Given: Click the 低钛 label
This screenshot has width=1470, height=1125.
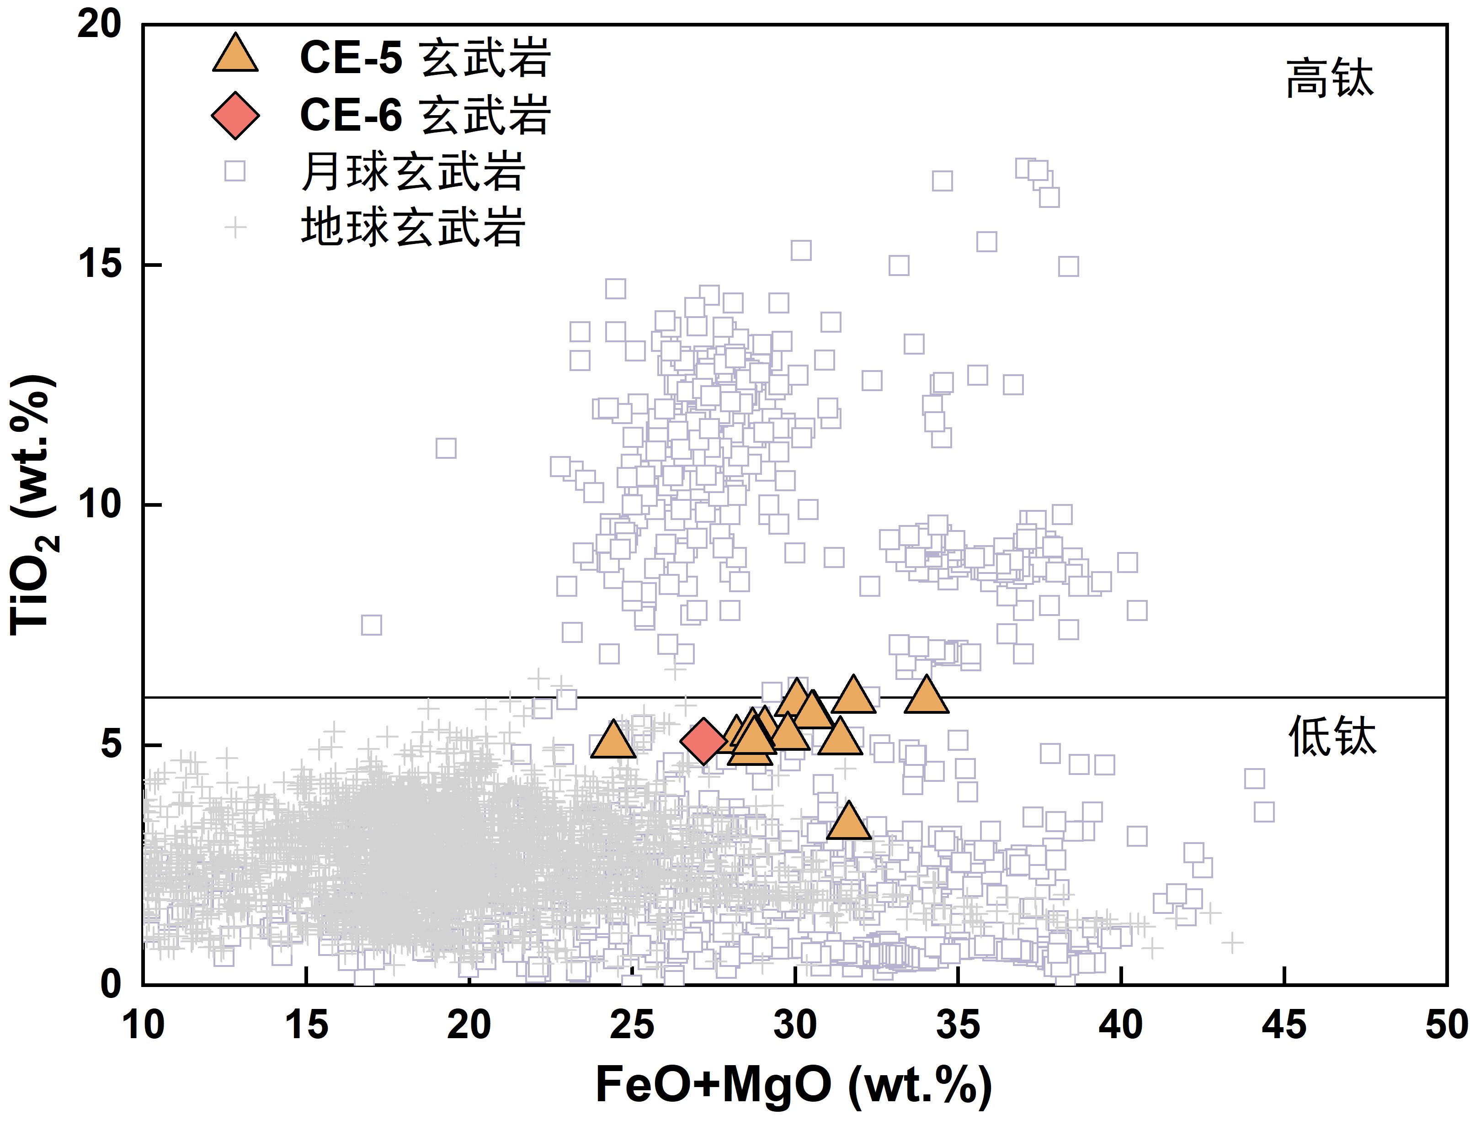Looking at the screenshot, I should tap(1332, 737).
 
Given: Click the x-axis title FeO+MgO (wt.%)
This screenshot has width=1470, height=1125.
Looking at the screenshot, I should tap(794, 1085).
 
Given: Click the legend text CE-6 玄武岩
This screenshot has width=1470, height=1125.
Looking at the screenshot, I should tap(425, 115).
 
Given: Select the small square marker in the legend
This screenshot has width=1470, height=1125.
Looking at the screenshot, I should tap(235, 171).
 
